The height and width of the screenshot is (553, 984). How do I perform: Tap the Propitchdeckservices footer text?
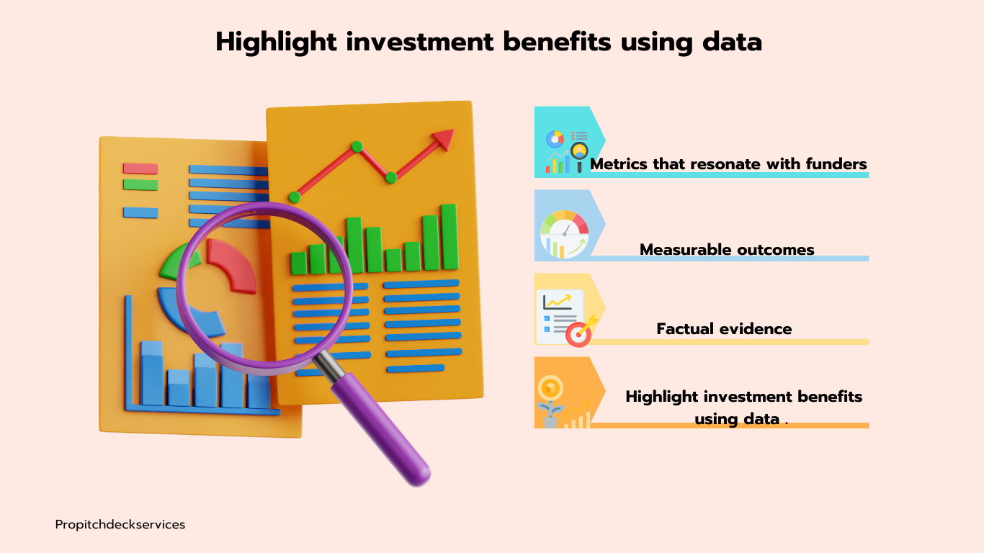tap(120, 524)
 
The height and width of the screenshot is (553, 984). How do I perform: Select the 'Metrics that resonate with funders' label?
tap(728, 164)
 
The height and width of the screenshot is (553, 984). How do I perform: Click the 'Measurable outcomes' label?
tap(727, 249)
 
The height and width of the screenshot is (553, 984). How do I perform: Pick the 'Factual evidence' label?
tap(724, 328)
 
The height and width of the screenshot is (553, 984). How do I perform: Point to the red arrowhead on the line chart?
tap(444, 139)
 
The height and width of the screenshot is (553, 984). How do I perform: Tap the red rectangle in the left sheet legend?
tap(140, 168)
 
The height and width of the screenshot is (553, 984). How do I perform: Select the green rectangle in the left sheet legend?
tap(140, 184)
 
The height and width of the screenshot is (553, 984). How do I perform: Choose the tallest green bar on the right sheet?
tap(449, 236)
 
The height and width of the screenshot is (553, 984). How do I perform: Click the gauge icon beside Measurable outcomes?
tap(565, 234)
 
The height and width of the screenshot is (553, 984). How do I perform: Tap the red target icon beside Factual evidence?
tap(578, 335)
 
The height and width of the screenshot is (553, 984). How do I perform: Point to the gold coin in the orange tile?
tap(550, 388)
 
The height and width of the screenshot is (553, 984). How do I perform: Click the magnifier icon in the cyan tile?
tap(579, 156)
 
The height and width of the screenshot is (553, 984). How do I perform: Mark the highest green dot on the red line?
tap(357, 147)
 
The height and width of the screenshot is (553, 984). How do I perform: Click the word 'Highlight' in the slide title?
tap(277, 42)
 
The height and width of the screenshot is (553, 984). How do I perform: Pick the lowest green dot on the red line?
tap(295, 197)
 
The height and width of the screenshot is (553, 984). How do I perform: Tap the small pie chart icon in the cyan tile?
tap(555, 139)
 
